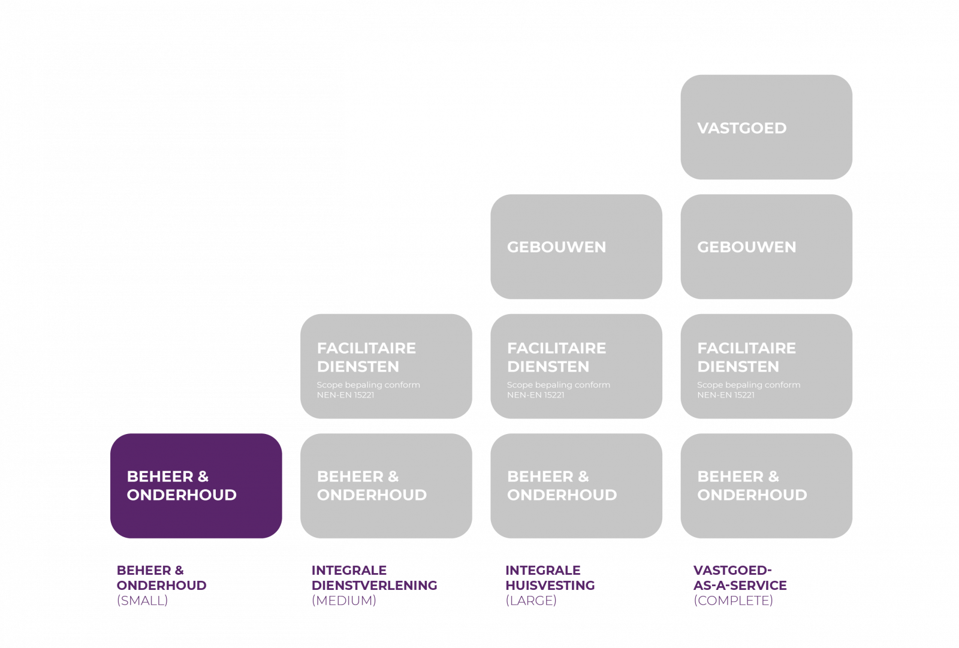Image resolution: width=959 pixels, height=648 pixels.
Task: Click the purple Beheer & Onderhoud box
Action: tap(196, 486)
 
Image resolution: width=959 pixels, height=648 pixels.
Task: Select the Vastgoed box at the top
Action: tap(766, 127)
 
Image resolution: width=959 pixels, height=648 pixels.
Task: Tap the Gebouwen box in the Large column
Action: tap(576, 246)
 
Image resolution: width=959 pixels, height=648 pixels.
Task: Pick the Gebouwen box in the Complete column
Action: tap(766, 246)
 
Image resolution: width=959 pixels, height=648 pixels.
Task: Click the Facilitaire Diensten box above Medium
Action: tap(386, 366)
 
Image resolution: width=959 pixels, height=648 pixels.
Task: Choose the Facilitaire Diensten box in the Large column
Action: tap(576, 366)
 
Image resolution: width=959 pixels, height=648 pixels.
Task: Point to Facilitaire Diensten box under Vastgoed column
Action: tap(766, 366)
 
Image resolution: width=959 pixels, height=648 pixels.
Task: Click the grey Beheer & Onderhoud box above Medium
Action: tap(386, 486)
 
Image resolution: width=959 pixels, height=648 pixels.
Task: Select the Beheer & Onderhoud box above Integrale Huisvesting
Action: tap(576, 486)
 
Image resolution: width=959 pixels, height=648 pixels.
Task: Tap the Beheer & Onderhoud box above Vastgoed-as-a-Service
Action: tap(766, 486)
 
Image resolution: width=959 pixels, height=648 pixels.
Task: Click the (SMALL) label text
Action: tap(142, 601)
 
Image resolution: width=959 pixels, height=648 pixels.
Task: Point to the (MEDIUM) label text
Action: tap(344, 601)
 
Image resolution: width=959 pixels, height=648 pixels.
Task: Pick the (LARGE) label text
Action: tap(531, 601)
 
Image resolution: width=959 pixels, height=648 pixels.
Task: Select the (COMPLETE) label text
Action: tap(733, 601)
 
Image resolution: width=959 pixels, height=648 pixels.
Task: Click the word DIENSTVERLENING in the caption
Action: tap(375, 585)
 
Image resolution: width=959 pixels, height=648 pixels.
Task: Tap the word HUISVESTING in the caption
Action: tap(550, 585)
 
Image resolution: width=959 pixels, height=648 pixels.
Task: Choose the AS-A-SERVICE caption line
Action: tap(740, 585)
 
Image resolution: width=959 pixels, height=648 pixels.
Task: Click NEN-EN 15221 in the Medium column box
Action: tap(346, 395)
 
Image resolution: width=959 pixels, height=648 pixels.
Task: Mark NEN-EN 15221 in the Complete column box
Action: tap(726, 395)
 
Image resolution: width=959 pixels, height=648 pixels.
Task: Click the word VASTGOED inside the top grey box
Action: tap(741, 128)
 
